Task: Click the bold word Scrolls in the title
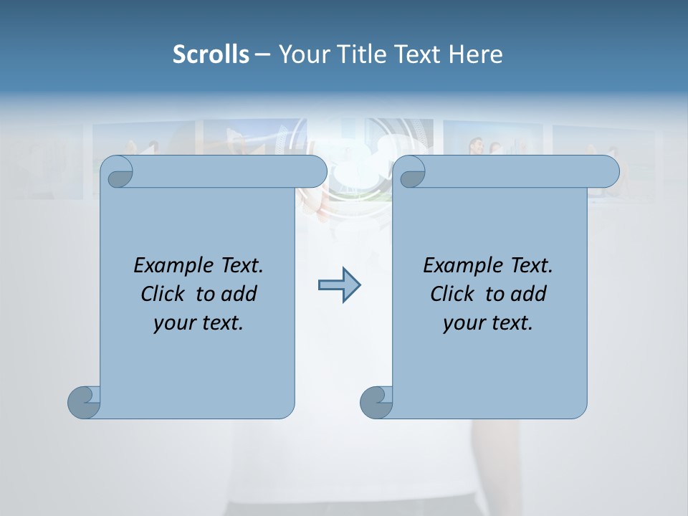211,54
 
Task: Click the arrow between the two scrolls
339,285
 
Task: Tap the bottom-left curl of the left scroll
83,402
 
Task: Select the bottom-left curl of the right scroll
376,402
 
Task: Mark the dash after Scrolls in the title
262,54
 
